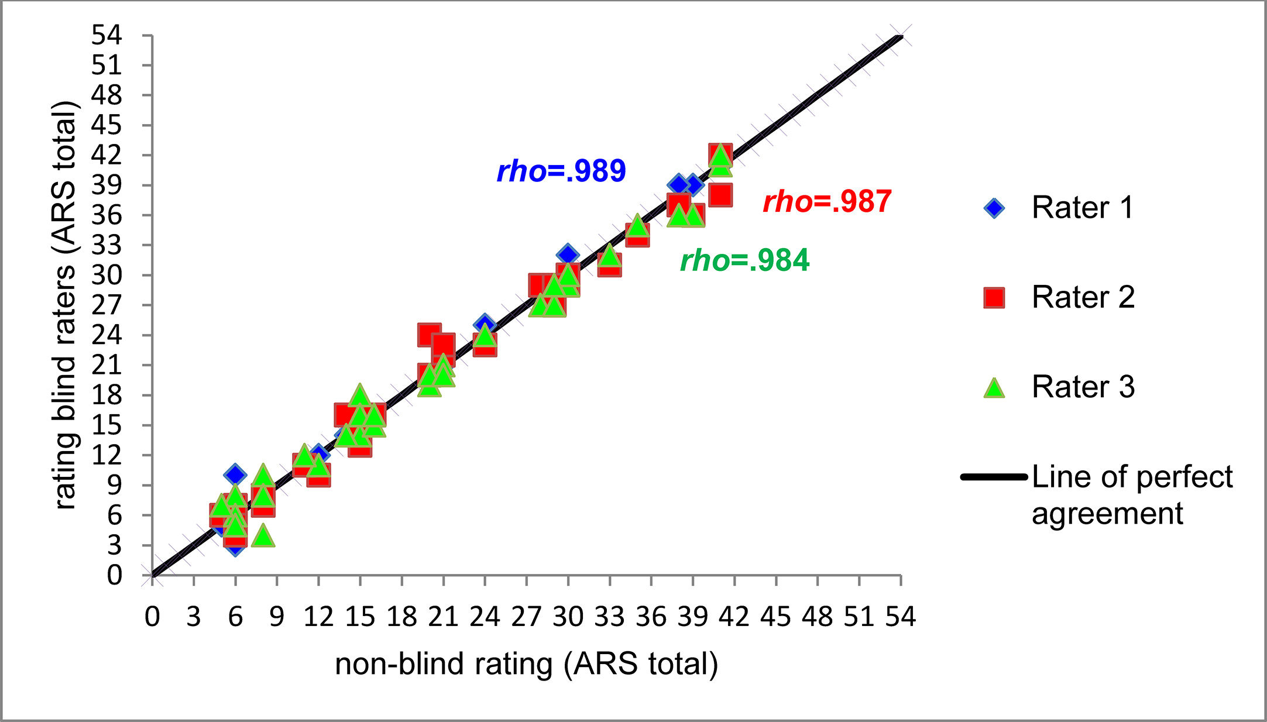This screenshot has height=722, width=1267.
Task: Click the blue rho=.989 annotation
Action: click(561, 171)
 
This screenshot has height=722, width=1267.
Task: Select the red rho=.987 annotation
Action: click(827, 202)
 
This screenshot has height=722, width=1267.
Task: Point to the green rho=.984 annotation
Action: click(744, 260)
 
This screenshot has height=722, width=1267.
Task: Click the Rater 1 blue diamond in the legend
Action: click(994, 208)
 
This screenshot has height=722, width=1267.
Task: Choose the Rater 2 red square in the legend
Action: click(994, 297)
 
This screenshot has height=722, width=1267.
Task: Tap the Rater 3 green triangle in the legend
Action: click(994, 387)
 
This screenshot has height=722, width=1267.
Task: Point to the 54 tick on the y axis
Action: click(107, 36)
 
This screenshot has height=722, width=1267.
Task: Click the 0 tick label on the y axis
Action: click(114, 575)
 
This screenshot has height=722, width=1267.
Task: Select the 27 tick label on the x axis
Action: click(527, 617)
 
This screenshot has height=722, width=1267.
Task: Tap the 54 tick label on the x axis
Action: click(900, 617)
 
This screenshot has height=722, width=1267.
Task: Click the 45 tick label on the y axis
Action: click(107, 125)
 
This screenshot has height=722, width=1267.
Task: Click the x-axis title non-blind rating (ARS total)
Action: click(526, 664)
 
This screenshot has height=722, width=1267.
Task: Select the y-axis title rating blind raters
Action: click(65, 304)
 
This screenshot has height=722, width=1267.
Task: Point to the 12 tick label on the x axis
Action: click(318, 617)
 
